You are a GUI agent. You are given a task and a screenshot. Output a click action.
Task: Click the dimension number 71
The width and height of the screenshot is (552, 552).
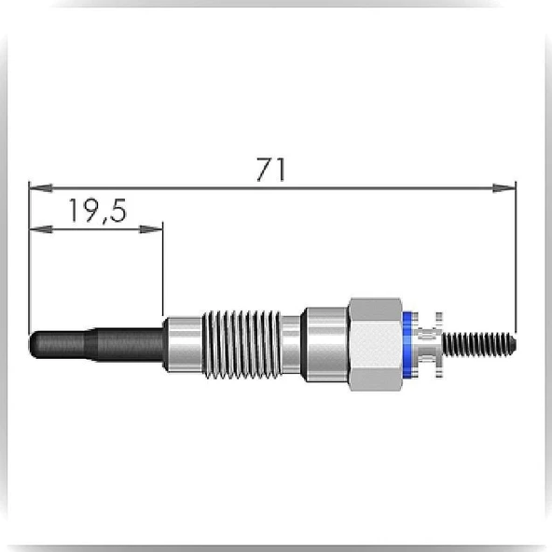coord(270,170)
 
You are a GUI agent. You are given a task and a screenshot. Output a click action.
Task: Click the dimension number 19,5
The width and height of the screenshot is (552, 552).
coord(98,211)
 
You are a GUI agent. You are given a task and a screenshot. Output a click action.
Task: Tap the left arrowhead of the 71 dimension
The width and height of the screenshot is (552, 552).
coord(41,188)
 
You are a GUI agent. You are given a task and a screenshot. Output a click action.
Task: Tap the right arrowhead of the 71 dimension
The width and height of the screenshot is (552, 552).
coord(504,188)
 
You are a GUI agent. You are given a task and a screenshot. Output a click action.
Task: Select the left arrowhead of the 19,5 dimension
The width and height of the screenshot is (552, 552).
coord(41,229)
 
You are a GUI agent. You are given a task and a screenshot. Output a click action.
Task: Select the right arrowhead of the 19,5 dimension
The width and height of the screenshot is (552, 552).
coord(151,229)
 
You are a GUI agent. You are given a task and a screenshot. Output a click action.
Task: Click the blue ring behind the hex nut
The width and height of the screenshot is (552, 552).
coord(407,345)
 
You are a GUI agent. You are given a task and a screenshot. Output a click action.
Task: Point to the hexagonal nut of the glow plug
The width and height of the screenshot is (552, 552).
coord(376,344)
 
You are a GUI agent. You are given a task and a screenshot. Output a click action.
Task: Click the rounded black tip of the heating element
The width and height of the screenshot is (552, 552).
coord(34,345)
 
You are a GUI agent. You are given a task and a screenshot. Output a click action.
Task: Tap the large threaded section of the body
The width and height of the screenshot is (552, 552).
coord(242,345)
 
